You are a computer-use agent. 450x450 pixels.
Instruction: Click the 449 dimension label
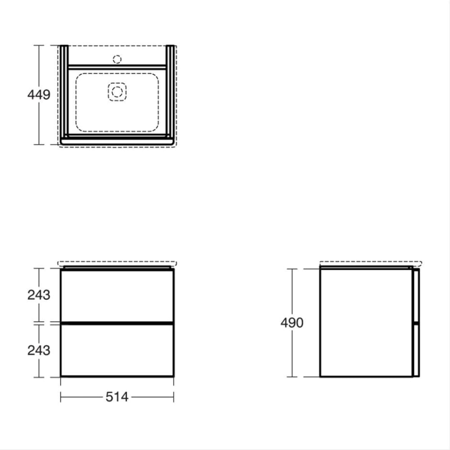39,95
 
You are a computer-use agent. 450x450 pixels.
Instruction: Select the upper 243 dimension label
39,295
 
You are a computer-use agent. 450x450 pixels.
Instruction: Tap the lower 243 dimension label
39,350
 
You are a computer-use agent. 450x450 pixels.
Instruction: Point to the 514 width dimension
117,397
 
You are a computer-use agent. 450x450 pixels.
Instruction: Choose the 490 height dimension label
292,323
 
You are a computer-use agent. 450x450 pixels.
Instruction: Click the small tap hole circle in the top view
117,59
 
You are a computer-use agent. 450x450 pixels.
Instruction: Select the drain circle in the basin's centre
117,92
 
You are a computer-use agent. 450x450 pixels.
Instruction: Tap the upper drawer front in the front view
117,295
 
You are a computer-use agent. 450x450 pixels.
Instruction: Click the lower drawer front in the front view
117,350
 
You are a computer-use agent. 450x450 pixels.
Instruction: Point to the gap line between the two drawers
117,323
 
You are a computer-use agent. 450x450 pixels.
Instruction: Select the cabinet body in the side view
365,323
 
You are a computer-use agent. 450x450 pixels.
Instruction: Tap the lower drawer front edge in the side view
416,350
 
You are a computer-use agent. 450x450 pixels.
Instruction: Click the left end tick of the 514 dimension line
60,397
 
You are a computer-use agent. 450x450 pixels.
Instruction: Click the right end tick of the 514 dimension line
174,397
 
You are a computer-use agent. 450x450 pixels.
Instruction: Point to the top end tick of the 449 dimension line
39,45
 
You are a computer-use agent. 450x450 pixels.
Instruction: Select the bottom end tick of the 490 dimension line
292,377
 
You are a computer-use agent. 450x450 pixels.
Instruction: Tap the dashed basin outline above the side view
370,262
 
